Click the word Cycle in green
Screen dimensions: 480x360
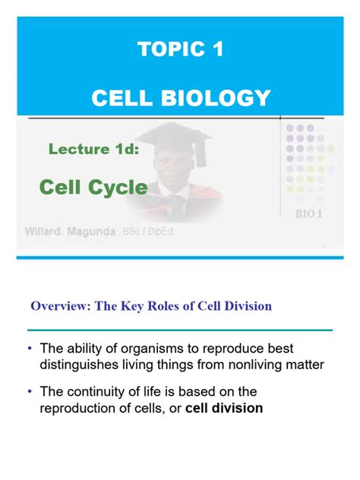(x=117, y=187)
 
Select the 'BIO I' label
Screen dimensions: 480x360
(x=308, y=213)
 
